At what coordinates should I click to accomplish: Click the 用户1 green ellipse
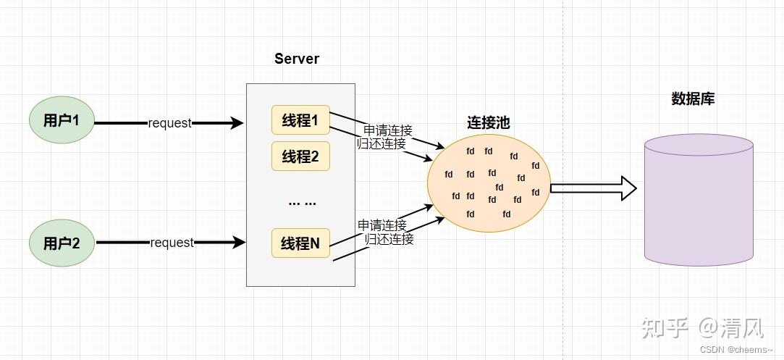click(62, 120)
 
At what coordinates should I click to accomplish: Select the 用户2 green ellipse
click(62, 243)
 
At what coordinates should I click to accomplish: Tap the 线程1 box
click(300, 120)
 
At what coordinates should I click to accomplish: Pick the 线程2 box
click(300, 156)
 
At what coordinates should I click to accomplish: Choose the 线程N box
click(300, 243)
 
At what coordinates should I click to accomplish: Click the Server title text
click(297, 59)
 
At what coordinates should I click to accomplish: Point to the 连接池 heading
click(489, 122)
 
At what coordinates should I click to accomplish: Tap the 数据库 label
click(693, 99)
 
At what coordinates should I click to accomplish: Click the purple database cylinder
click(699, 199)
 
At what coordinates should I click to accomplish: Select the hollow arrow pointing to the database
click(594, 188)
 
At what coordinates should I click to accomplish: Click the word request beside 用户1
click(170, 123)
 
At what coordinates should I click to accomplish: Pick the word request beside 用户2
click(172, 243)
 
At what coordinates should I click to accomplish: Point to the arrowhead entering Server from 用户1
click(237, 122)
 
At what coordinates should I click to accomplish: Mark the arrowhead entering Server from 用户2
click(239, 243)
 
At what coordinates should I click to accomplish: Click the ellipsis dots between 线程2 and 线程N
click(303, 203)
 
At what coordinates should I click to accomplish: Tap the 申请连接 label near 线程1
click(388, 130)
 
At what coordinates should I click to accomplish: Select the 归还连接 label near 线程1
click(381, 143)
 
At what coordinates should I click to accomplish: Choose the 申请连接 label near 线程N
click(382, 225)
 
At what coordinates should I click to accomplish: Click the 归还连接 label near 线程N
click(389, 239)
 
